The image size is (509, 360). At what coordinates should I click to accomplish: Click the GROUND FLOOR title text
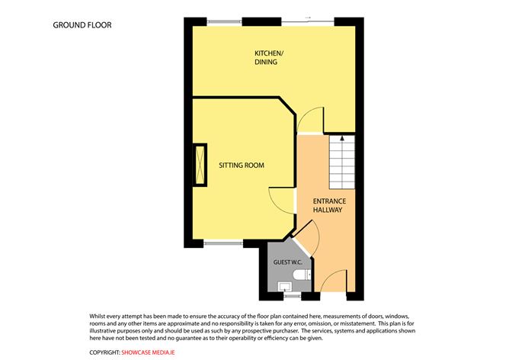click(82, 25)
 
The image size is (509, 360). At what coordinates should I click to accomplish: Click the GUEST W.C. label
click(288, 262)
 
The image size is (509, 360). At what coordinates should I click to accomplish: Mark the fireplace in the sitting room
click(200, 165)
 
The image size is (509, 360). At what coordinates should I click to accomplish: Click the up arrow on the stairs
click(342, 140)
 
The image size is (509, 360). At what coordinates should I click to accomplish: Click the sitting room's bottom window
click(223, 243)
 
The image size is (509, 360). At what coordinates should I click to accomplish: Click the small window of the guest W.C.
click(291, 295)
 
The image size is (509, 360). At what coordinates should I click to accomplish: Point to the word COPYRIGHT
click(104, 352)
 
